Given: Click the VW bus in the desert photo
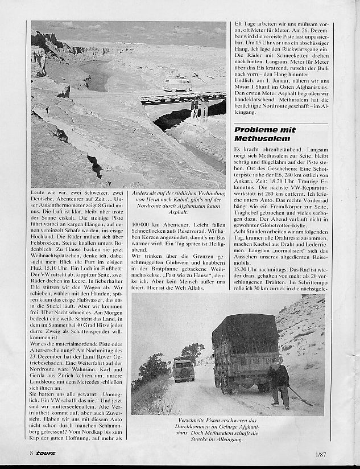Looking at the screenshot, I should coord(177,84).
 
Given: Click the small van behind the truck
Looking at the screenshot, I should coord(184,370).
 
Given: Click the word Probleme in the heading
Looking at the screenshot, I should coord(259,130).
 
